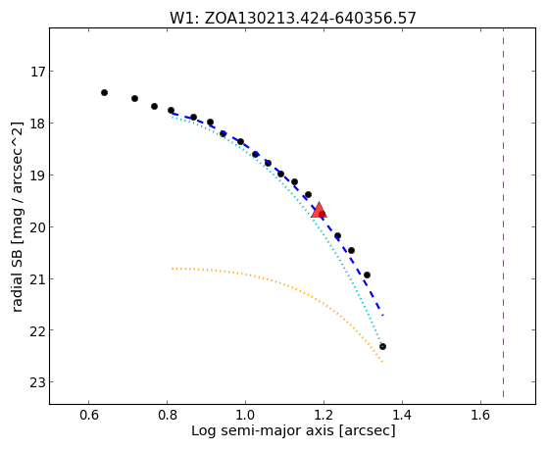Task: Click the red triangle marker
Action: pyautogui.click(x=319, y=210)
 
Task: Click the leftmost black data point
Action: pyautogui.click(x=104, y=93)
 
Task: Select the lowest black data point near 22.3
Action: pyautogui.click(x=382, y=346)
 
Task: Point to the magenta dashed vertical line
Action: pyautogui.click(x=503, y=213)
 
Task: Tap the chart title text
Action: pyautogui.click(x=293, y=19)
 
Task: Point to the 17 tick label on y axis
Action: pyautogui.click(x=38, y=72)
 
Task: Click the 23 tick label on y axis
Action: pyautogui.click(x=38, y=382)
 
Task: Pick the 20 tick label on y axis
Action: pyautogui.click(x=38, y=227)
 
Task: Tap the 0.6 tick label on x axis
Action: pyautogui.click(x=89, y=415)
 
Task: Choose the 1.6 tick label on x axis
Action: pyautogui.click(x=481, y=415)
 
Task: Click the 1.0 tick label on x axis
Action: pyautogui.click(x=246, y=415)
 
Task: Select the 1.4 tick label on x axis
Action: pyautogui.click(x=403, y=415)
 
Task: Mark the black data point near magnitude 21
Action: pyautogui.click(x=367, y=275)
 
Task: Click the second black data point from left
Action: pyautogui.click(x=135, y=99)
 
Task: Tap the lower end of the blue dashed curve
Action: pyautogui.click(x=383, y=316)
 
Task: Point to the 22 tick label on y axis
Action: pyautogui.click(x=38, y=330)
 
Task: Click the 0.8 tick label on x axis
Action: pyautogui.click(x=168, y=415)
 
